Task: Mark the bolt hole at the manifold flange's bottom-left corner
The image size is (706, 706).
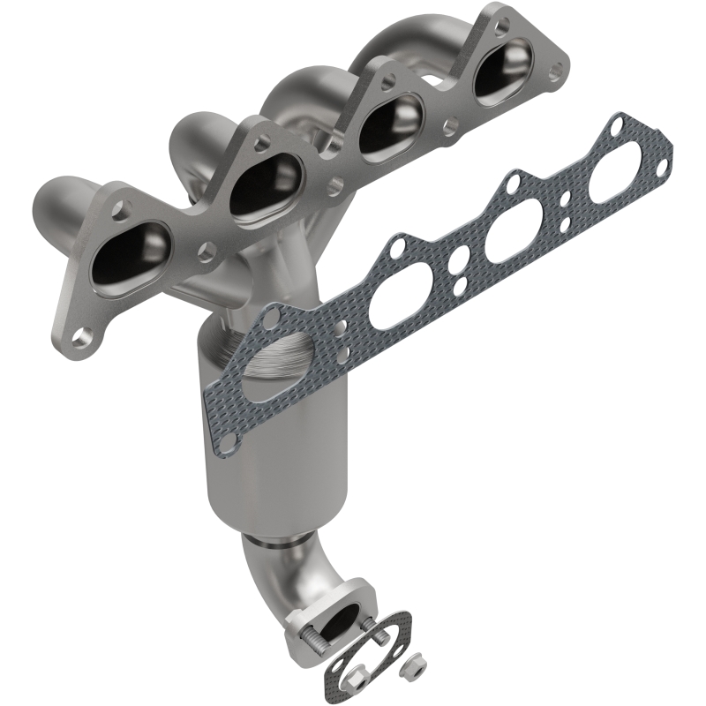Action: tap(83, 334)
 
